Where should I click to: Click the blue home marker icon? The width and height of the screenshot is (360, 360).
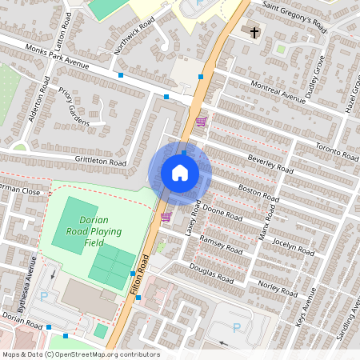pos(180,172)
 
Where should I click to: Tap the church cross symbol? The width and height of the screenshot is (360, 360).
pos(255,33)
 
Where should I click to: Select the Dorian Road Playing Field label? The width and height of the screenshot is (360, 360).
pos(100,226)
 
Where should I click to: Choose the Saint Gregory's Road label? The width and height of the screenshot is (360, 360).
pos(294,17)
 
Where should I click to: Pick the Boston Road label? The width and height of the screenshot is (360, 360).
pos(258,193)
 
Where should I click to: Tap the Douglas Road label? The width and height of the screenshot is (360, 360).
pos(211,274)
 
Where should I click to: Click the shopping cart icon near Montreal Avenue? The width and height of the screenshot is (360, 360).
pos(202,122)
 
